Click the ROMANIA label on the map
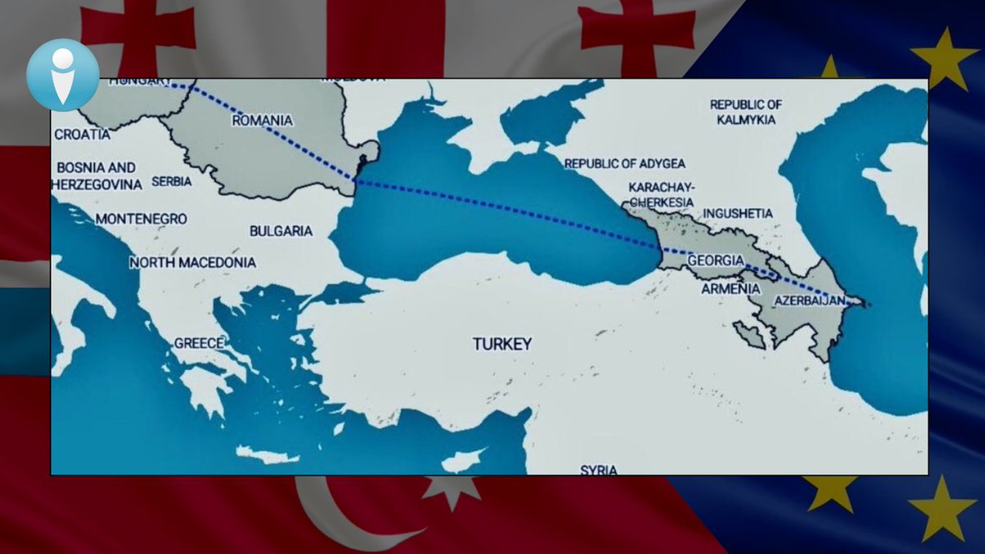[262, 121]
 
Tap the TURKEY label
[502, 344]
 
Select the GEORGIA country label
[716, 260]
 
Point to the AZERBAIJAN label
[809, 301]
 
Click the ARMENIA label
[731, 289]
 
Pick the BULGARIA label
[281, 231]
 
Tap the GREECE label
[199, 343]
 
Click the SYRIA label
[598, 469]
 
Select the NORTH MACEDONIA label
[193, 263]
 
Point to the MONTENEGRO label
[141, 219]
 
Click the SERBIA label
[172, 181]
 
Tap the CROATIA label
[82, 133]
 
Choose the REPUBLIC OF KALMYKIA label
[745, 112]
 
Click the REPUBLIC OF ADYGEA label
[625, 163]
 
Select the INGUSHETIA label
[738, 213]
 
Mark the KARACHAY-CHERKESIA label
[661, 195]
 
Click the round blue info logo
[62, 75]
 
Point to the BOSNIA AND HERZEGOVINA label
[96, 176]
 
